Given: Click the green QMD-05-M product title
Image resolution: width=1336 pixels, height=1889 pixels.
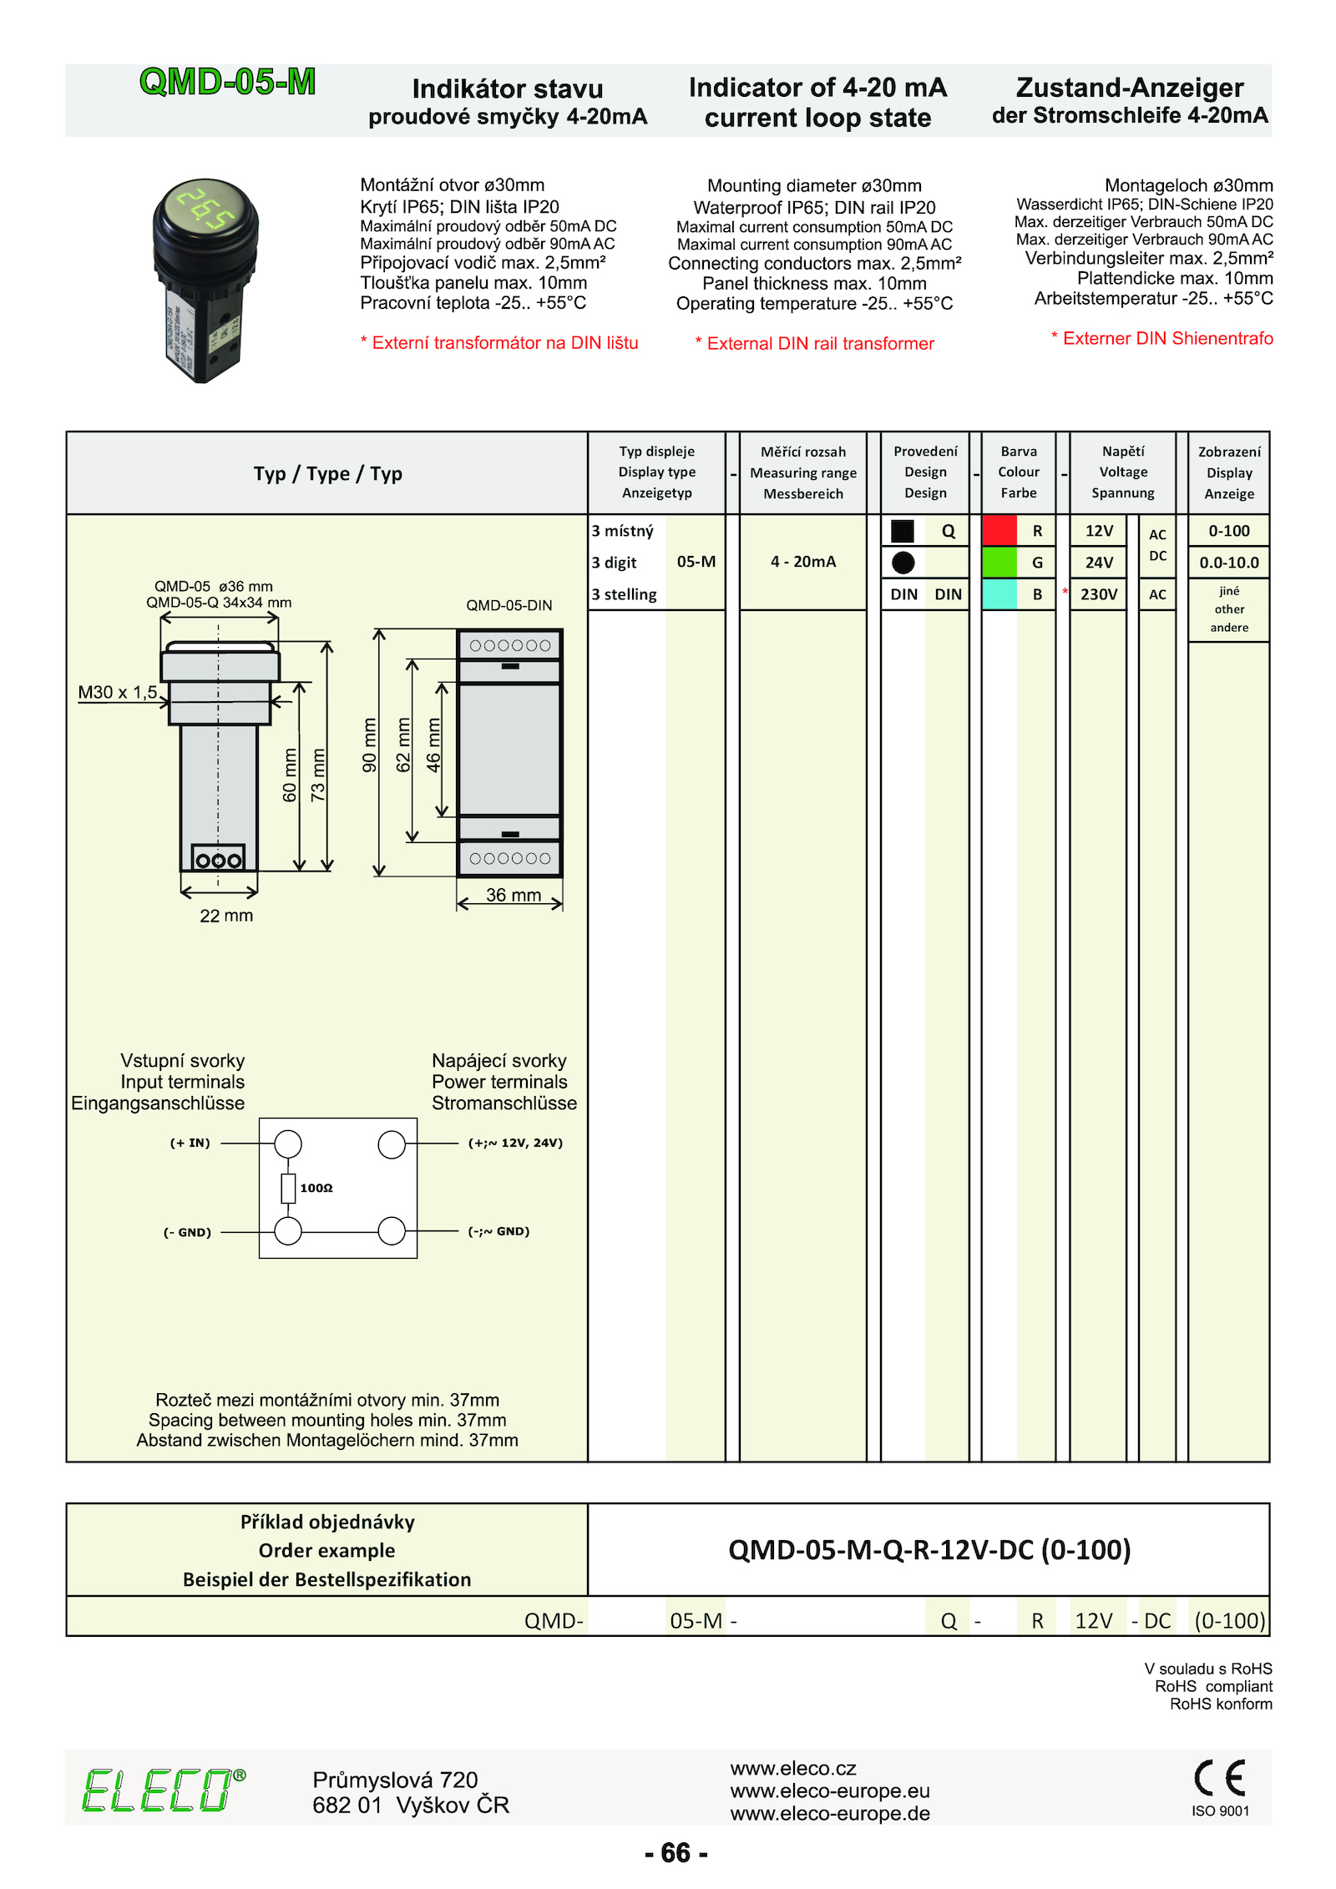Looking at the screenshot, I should tap(227, 82).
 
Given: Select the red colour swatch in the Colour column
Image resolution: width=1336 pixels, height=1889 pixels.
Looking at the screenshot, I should tap(999, 530).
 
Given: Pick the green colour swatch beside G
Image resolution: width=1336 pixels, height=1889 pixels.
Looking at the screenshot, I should tap(999, 562).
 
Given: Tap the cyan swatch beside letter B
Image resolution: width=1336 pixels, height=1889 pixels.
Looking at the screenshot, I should tap(999, 593).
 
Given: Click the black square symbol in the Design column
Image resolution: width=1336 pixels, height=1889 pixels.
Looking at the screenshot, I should tap(902, 531).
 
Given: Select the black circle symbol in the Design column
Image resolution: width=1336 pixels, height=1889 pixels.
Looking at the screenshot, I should tap(903, 563).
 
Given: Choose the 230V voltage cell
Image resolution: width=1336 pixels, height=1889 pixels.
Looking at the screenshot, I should tap(1098, 594).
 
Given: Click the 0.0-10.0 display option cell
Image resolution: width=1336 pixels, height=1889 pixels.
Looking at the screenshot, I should tap(1228, 563).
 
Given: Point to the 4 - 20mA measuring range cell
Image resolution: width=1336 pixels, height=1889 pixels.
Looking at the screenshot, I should tap(802, 562).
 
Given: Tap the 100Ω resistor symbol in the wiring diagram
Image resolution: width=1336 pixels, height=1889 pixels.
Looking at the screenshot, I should tap(288, 1188).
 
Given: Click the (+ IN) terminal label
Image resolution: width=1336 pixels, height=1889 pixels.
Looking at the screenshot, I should tap(190, 1143).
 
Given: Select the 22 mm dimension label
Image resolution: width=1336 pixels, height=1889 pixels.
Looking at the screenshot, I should tap(225, 916).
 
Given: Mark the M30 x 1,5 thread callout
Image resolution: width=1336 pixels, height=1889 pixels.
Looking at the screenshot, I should tap(117, 692).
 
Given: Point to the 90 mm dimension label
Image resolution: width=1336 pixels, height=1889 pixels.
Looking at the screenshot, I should tap(369, 745).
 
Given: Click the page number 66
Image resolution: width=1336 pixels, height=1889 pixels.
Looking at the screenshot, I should tap(676, 1852).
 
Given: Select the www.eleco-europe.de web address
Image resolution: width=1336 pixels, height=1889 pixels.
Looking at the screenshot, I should tap(829, 1813).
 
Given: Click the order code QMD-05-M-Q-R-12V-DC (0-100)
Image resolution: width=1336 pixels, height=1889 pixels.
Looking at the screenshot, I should tap(929, 1550).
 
